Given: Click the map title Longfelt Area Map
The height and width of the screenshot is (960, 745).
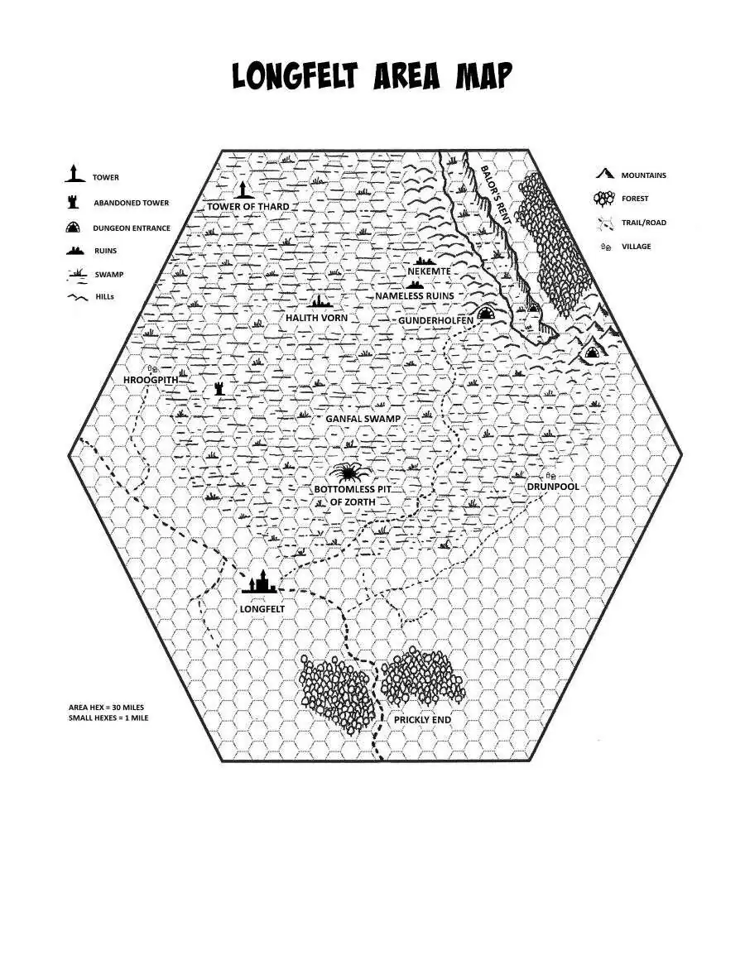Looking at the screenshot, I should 372,76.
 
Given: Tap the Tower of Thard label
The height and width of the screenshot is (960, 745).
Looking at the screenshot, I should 248,206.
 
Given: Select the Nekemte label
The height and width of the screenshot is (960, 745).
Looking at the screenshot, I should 429,271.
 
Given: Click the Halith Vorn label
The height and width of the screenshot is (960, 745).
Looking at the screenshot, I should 316,318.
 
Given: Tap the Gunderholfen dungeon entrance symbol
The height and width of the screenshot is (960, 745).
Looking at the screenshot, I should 486,313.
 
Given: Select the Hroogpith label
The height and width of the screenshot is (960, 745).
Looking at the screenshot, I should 151,380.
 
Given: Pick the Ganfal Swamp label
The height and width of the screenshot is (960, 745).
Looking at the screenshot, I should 363,419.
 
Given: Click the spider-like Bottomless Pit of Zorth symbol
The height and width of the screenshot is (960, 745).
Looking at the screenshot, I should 346,473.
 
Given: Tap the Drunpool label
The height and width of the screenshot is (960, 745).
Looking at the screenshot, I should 553,487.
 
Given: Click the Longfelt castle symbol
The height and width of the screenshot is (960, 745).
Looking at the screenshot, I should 259,583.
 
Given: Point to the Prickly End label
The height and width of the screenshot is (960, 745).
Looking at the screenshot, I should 422,720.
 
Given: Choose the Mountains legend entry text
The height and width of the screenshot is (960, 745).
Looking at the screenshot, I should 643,175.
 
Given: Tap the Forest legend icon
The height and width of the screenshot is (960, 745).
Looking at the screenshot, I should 605,199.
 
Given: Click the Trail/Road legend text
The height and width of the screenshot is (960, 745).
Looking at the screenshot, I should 643,223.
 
